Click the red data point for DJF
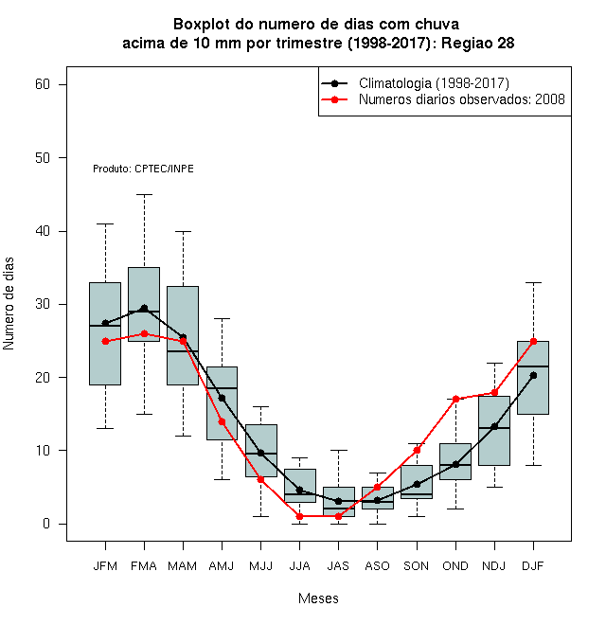tap(533, 341)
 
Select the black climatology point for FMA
tap(144, 308)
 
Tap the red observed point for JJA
tap(300, 516)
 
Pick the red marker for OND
tap(455, 399)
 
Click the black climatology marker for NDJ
tap(494, 426)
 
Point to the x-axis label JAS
tap(338, 566)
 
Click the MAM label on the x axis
tap(182, 566)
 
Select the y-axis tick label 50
tap(43, 158)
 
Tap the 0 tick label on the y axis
tap(46, 524)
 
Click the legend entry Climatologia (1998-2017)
tap(434, 83)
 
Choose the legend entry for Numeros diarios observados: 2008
tap(462, 99)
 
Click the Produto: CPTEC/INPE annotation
tap(143, 169)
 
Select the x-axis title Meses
tap(318, 598)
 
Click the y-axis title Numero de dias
tap(9, 304)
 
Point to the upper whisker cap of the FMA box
tap(144, 194)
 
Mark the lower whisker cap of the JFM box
tap(105, 428)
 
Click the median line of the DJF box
tap(533, 366)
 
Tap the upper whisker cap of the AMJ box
tap(223, 319)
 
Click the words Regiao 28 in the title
tap(477, 43)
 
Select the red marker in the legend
tap(334, 99)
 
